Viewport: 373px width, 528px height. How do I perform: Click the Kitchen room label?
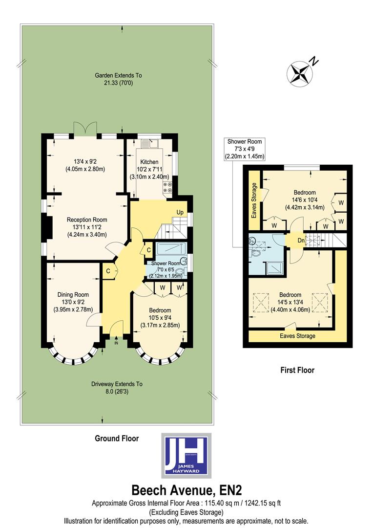(149, 162)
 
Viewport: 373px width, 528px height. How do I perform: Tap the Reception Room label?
(87, 220)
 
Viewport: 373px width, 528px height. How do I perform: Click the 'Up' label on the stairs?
(180, 212)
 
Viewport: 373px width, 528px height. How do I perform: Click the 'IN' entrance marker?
(116, 343)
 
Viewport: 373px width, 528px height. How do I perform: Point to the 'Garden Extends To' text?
(118, 76)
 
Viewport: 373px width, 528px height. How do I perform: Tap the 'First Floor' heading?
(297, 370)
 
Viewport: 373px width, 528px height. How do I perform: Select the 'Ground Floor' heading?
(117, 439)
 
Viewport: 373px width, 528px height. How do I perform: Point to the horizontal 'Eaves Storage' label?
(297, 336)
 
